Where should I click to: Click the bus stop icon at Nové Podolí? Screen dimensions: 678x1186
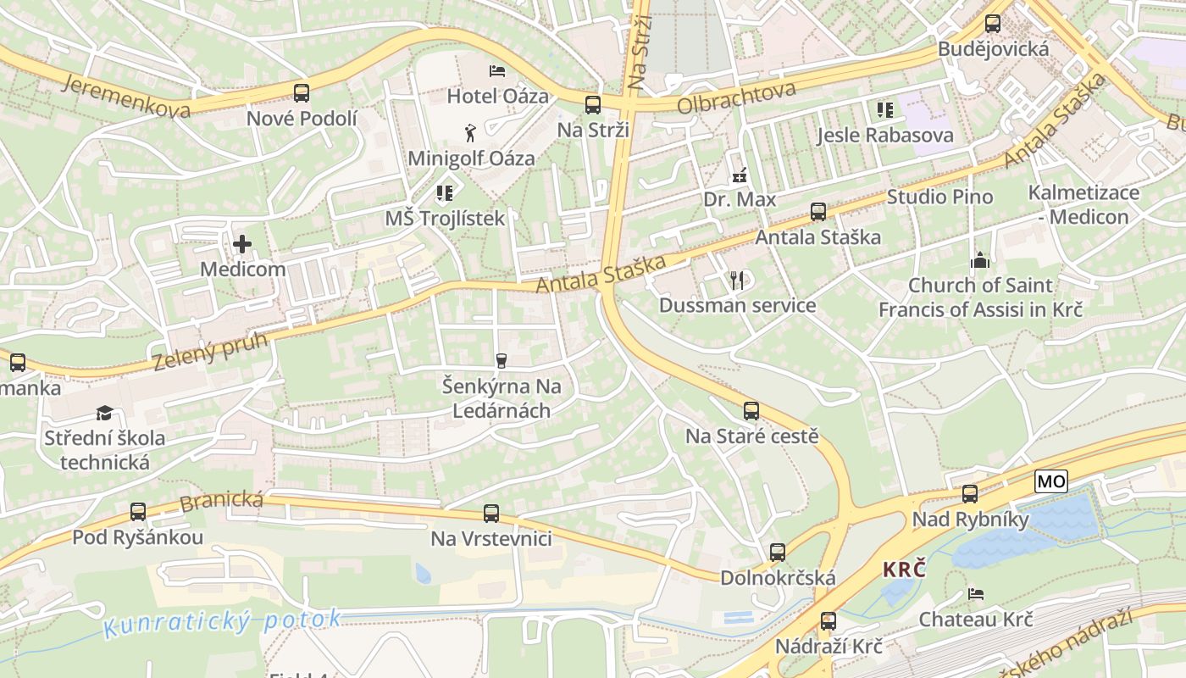[302, 93]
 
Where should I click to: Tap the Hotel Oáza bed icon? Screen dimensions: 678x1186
[497, 70]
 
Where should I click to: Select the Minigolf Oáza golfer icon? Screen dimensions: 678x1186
[470, 132]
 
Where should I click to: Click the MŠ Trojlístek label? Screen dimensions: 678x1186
[445, 218]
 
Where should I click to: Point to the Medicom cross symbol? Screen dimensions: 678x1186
[242, 245]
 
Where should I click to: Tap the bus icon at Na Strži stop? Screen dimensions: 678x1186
[593, 105]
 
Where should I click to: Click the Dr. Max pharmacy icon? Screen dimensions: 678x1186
[740, 175]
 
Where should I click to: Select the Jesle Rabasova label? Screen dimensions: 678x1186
[884, 135]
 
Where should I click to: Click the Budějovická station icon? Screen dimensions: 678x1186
[993, 24]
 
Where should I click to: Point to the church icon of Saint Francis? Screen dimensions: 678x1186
[980, 260]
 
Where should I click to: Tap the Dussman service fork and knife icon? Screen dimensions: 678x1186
[737, 280]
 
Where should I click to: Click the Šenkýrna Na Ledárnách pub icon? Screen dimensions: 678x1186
[501, 361]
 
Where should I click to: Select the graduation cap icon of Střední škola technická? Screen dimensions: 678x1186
[104, 413]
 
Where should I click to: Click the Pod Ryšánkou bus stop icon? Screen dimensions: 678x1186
[138, 512]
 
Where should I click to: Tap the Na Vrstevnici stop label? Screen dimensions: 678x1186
[491, 538]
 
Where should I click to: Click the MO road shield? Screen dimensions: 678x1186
[1050, 482]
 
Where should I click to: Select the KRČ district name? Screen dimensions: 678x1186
[903, 570]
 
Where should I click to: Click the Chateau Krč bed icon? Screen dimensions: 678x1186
[976, 594]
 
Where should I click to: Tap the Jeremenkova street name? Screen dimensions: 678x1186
[125, 96]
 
